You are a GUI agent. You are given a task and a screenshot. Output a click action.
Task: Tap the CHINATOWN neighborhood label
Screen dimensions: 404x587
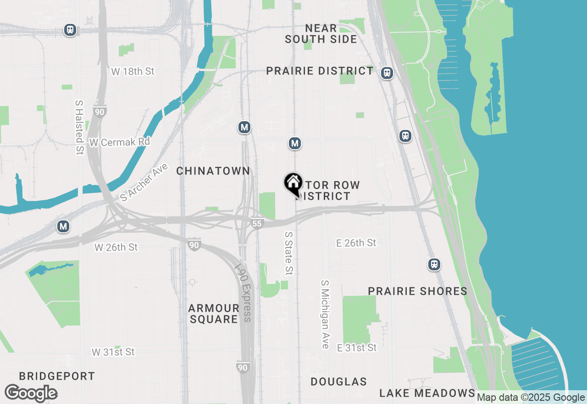(213, 171)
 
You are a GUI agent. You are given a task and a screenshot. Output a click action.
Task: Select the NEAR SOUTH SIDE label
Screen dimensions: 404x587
(321, 34)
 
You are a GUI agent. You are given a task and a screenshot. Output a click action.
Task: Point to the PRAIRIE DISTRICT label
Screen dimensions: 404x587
(320, 71)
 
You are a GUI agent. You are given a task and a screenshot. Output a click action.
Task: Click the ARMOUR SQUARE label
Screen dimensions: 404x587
(214, 314)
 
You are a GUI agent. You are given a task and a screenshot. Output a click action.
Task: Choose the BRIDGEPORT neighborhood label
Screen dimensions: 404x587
(57, 376)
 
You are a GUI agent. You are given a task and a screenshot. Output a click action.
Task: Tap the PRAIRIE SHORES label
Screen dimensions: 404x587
(418, 292)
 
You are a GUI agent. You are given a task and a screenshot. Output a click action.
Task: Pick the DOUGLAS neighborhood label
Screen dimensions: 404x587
(338, 382)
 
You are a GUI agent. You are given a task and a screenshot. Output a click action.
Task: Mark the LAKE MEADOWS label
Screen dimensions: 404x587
(427, 393)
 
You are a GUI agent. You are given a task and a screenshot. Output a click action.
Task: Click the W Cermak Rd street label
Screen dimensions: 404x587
(120, 142)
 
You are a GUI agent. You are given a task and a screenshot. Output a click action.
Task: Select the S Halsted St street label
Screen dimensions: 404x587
(79, 125)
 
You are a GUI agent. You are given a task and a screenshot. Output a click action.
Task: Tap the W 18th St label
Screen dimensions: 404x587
(133, 72)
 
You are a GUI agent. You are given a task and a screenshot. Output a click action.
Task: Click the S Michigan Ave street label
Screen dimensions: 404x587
(325, 314)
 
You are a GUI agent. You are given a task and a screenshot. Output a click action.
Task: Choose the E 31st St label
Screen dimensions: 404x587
(357, 348)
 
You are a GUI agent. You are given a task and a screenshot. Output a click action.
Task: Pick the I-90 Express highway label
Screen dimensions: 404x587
(243, 292)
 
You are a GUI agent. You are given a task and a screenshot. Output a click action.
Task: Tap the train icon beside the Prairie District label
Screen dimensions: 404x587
(388, 73)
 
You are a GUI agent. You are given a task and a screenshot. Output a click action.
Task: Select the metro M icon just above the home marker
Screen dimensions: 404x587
(295, 144)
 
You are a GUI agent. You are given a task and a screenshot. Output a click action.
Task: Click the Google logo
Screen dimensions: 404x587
(31, 393)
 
